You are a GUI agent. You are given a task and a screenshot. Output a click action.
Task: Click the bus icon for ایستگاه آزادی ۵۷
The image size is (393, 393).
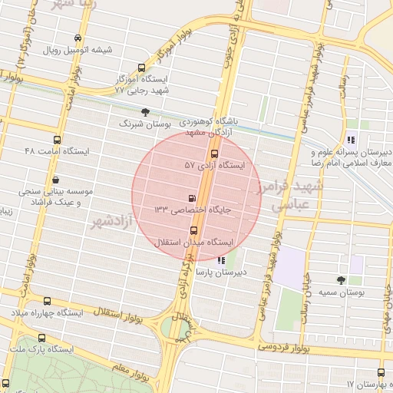click(213, 154)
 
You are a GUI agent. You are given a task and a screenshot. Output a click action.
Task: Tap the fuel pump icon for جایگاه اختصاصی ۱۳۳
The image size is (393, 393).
click(191, 197)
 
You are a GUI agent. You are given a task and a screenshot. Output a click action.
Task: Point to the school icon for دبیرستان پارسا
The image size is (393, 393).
click(222, 260)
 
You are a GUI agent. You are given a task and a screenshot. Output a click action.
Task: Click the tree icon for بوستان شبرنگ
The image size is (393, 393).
click(145, 112)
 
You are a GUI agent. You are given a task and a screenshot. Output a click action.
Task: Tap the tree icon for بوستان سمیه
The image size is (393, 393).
click(342, 280)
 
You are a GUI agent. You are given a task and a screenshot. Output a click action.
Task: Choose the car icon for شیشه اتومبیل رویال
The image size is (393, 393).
click(78, 38)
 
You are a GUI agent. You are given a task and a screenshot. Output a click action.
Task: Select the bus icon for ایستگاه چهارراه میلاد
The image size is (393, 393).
click(48, 302)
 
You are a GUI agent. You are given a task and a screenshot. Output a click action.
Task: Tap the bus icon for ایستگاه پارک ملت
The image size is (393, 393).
click(41, 338)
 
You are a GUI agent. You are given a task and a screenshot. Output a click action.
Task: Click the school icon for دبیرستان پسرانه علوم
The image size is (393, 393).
click(351, 140)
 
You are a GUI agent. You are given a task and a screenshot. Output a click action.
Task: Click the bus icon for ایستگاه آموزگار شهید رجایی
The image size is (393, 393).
click(140, 68)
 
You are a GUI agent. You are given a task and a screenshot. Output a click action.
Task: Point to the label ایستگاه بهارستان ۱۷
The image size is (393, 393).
click(368, 383)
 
